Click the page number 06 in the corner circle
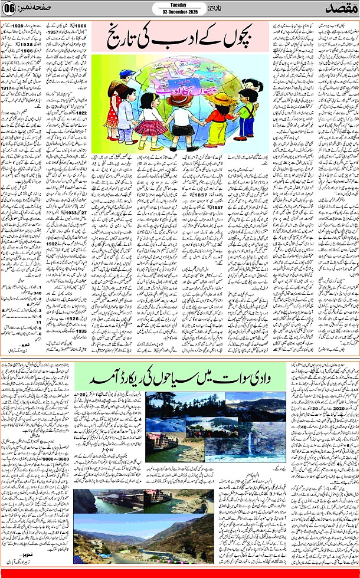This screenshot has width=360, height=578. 9,9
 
